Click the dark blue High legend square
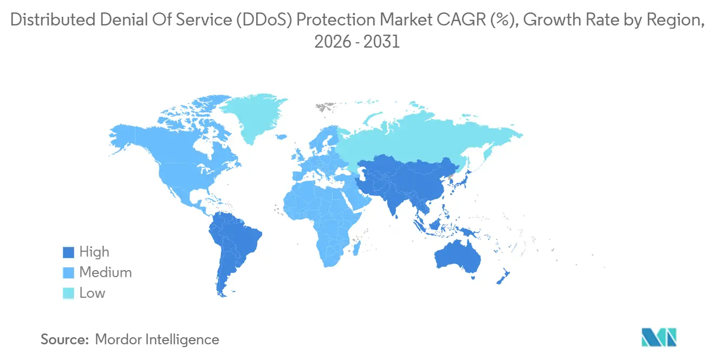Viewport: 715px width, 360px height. (x=68, y=252)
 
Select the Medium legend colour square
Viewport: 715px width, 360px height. (x=68, y=273)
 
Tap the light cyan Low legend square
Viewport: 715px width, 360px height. (x=68, y=293)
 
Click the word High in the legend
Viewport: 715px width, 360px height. (x=94, y=252)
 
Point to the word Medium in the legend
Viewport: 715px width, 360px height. (x=105, y=273)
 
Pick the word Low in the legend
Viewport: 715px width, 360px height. (x=92, y=293)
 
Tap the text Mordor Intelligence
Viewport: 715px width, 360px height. (x=157, y=340)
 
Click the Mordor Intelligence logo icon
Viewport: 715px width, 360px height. (x=659, y=337)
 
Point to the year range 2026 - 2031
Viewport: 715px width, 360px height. (x=357, y=42)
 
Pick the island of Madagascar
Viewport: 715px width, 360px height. (x=357, y=248)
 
